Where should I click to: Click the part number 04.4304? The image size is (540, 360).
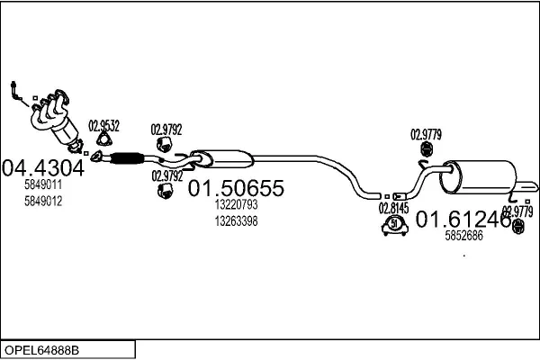[42, 168]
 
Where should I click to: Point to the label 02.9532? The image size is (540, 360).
[103, 126]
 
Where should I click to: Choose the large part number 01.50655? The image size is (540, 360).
[236, 189]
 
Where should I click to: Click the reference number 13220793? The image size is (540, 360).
[236, 205]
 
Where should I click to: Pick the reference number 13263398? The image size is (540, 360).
[236, 220]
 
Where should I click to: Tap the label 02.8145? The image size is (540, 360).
[393, 207]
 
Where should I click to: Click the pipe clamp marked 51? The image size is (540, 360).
[393, 226]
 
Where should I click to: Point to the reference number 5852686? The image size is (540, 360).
[464, 236]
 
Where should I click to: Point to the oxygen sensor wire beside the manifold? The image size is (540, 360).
[15, 90]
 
